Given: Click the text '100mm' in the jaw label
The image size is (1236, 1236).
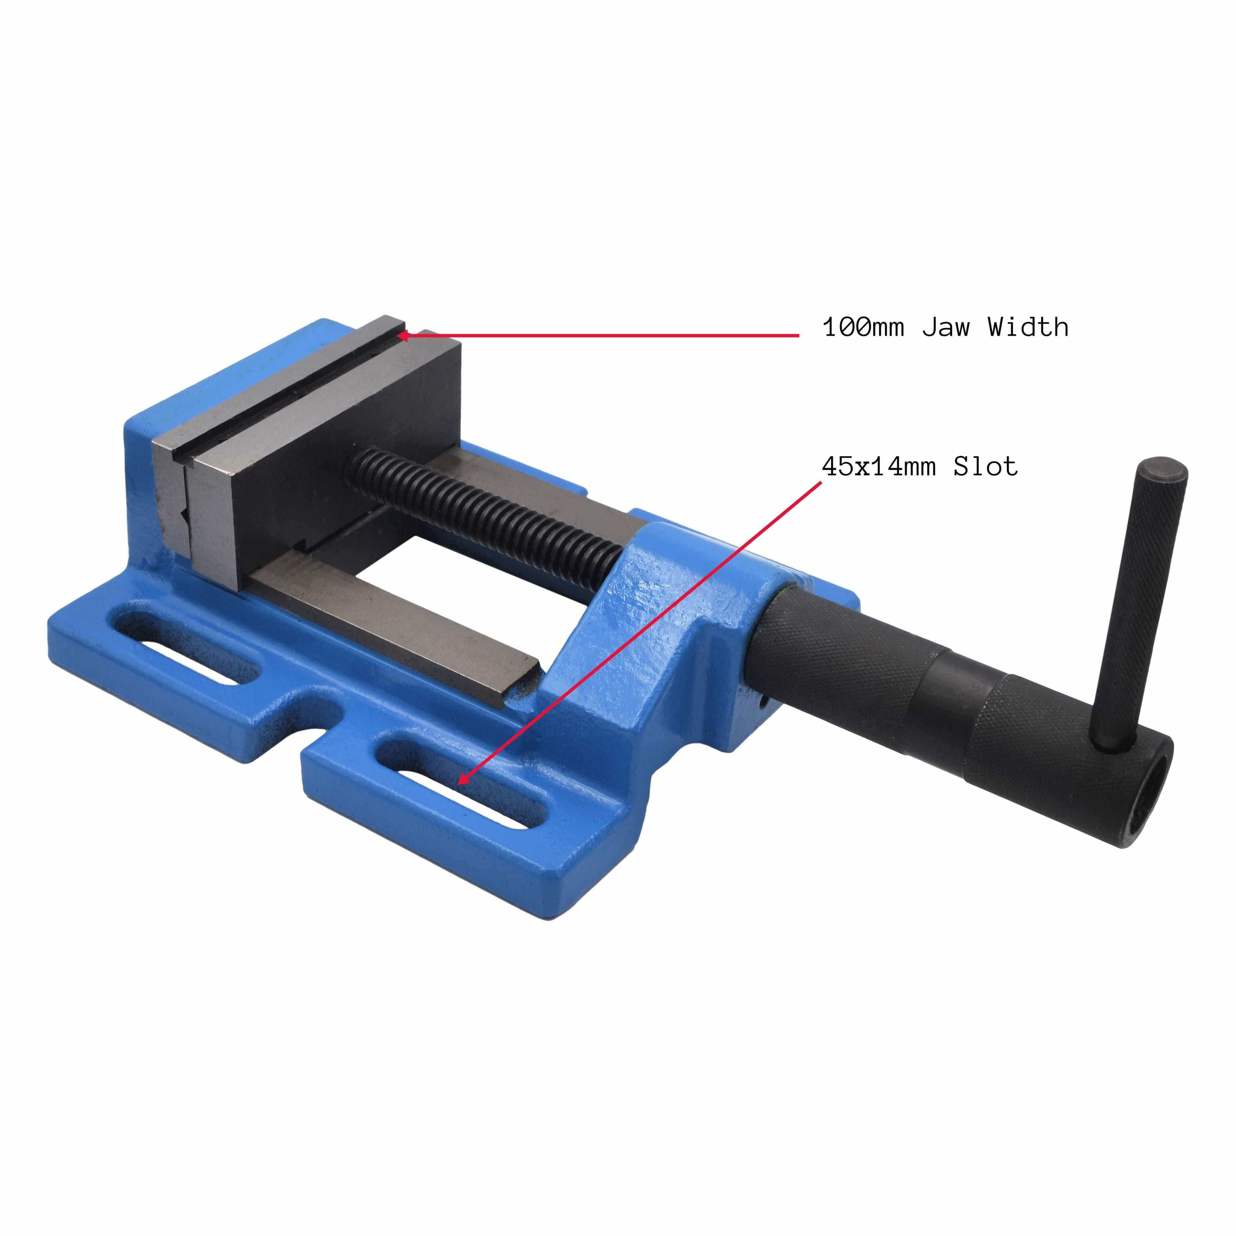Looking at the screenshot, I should tap(863, 327).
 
